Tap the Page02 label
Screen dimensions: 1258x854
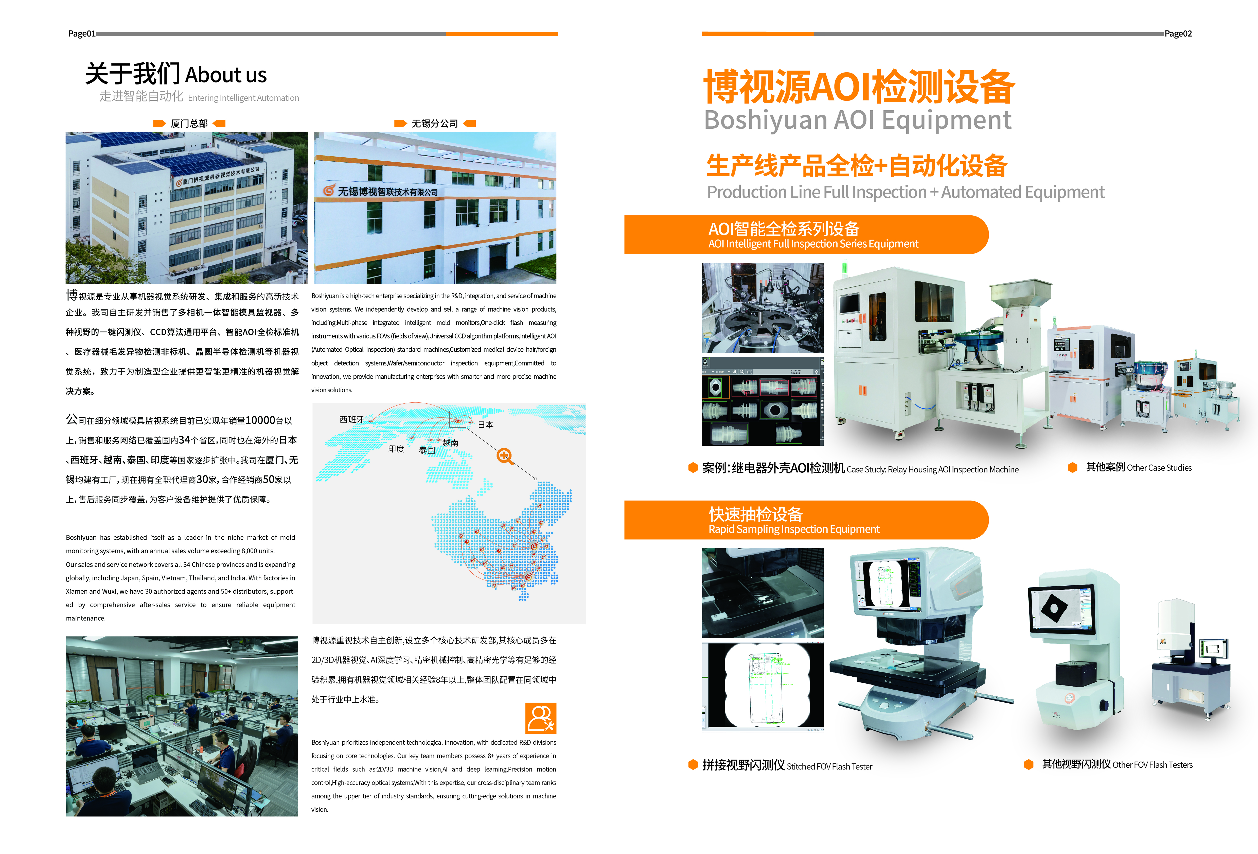point(1178,33)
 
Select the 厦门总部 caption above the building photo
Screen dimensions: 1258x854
point(189,124)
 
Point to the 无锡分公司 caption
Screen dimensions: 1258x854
point(435,124)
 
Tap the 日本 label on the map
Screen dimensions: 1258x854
point(486,424)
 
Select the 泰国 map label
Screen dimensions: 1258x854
point(427,450)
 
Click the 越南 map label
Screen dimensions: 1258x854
point(450,442)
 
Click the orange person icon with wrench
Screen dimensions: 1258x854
point(541,718)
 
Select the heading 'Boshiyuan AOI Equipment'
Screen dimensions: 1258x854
point(857,120)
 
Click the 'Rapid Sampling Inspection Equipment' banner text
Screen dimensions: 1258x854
point(794,529)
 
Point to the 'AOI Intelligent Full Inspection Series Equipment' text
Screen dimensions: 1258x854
point(813,244)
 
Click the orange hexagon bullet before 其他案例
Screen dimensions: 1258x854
point(1072,467)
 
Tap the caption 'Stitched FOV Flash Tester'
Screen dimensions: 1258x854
point(829,766)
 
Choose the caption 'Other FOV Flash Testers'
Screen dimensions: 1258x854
point(1153,765)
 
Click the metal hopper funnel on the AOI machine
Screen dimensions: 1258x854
point(1021,294)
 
